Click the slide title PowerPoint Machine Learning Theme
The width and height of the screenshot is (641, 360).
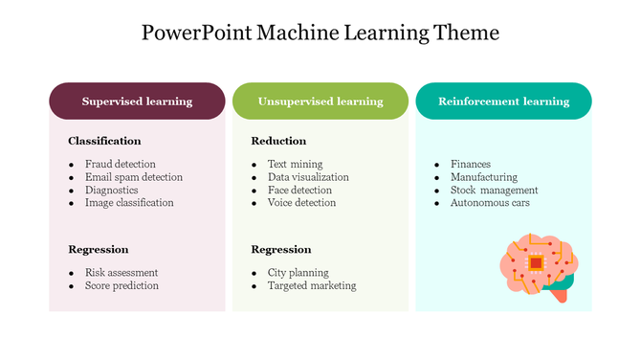(320, 33)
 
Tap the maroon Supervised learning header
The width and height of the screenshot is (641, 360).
(137, 101)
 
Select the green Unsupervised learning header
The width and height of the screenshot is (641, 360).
(320, 101)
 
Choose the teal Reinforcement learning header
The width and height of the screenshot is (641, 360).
(503, 101)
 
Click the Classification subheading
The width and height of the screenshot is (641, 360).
(104, 141)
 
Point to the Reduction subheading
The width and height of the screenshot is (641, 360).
(278, 141)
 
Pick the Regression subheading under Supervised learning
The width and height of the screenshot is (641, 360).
(98, 249)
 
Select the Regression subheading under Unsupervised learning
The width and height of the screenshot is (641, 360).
(280, 249)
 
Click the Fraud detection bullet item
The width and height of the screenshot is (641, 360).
(120, 164)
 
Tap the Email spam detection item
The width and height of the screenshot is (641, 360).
(133, 177)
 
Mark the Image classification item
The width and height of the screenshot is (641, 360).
(129, 203)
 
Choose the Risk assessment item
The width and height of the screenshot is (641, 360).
(122, 273)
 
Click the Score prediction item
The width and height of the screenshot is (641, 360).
(122, 285)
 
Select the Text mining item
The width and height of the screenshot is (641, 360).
(295, 164)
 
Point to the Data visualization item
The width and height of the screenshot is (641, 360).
(308, 177)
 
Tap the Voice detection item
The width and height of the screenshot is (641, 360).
(301, 203)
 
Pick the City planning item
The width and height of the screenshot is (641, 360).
(298, 273)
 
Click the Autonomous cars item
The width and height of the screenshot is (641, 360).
(490, 203)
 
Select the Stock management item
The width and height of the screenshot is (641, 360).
(494, 190)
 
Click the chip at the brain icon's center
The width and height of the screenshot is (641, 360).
(537, 262)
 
